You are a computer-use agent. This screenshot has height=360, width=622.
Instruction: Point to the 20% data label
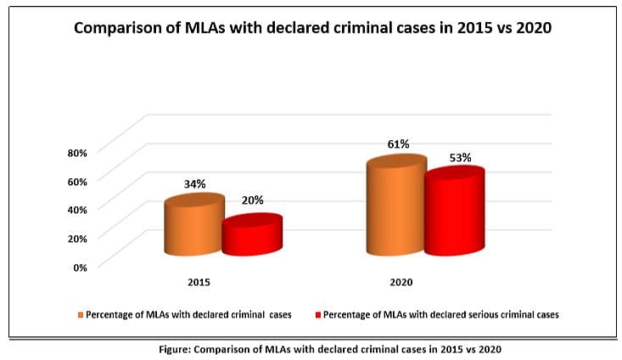pyautogui.click(x=252, y=200)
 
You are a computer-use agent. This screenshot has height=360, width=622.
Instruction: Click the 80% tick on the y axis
pyautogui.click(x=76, y=153)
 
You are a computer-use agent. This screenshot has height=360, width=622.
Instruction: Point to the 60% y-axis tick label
pyautogui.click(x=76, y=181)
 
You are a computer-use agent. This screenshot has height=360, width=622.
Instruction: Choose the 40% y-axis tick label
pyautogui.click(x=76, y=209)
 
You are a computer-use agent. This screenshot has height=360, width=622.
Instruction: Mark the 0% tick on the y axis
pyautogui.click(x=80, y=267)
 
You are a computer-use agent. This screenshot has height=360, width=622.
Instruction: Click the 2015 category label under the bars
pyautogui.click(x=199, y=281)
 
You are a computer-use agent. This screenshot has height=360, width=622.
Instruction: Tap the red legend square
pyautogui.click(x=318, y=315)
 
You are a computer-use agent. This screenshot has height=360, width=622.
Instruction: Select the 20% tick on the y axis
pyautogui.click(x=76, y=238)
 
